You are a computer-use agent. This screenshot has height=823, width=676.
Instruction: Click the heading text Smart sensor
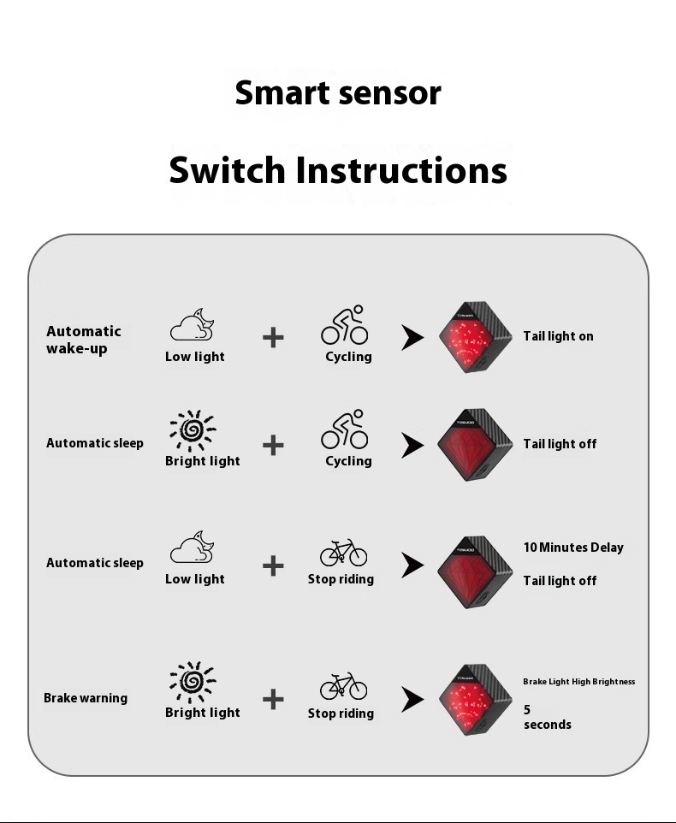pos(338,92)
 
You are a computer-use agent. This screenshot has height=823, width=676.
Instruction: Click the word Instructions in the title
pos(401,170)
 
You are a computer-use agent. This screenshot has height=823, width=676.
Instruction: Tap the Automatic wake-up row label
pos(84,340)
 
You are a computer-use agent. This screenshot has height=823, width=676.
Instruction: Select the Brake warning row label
pos(86,698)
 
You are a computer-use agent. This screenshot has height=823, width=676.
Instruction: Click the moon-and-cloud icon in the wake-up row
pos(193,325)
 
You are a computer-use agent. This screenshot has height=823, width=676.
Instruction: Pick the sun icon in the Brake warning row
pos(193,682)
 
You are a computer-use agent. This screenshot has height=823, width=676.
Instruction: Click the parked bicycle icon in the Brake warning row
pos(344,686)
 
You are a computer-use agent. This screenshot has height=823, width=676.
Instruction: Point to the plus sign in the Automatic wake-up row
pos(273,337)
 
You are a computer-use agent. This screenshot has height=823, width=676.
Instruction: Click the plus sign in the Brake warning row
pos(273,700)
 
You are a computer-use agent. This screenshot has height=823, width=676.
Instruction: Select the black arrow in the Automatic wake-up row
pos(412,338)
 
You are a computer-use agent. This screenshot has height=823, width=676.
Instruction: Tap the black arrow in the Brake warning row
pos(412,701)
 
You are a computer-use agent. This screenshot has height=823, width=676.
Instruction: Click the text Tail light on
pos(558,336)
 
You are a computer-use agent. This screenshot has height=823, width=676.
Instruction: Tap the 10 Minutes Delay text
pos(573,548)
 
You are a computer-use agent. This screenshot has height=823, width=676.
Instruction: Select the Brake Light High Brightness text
pos(578,682)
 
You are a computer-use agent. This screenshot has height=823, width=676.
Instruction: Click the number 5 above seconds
pos(527,709)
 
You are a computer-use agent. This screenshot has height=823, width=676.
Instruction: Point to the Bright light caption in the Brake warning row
pos(202,713)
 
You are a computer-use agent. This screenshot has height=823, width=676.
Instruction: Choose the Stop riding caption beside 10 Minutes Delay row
pos(341,579)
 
